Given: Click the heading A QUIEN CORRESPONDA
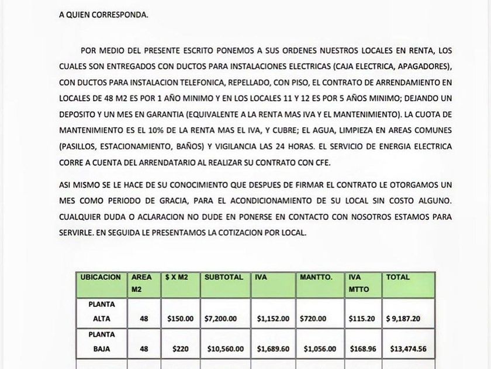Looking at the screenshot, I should (x=103, y=15).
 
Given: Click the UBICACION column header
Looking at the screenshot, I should (x=101, y=277).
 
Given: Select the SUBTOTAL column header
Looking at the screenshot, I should (x=223, y=277).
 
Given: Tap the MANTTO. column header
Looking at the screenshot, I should (x=316, y=277).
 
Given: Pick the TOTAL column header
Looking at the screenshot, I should (x=397, y=277).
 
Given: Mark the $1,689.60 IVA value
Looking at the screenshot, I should (x=273, y=349).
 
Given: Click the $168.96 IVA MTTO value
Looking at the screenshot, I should (x=364, y=349).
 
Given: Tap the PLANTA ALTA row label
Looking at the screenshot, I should (x=102, y=312).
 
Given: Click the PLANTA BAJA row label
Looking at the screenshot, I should (x=102, y=342).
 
